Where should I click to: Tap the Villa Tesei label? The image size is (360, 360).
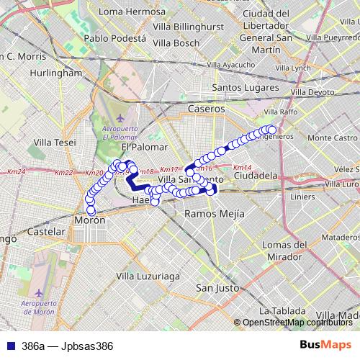click(x=54, y=142)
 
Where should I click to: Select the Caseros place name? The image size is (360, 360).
click(x=206, y=109)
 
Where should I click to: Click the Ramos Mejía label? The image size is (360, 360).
click(x=215, y=214)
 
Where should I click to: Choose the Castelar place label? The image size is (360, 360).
click(x=46, y=233)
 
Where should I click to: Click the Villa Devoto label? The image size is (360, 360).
click(x=312, y=93)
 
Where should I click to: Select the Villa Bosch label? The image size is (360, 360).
click(x=176, y=43)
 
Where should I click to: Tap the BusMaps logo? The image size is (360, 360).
click(x=325, y=345)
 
